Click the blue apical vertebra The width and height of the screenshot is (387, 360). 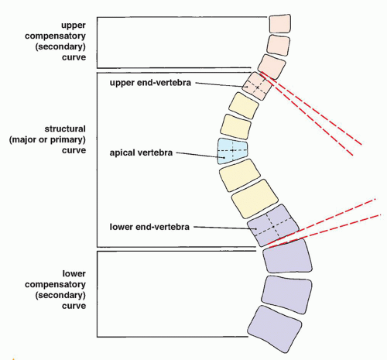pyautogui.click(x=232, y=151)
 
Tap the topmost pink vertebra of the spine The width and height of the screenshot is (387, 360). pyautogui.click(x=280, y=24)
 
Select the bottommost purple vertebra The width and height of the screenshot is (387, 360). pyautogui.click(x=275, y=329)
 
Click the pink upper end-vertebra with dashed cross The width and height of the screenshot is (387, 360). pyautogui.click(x=257, y=86)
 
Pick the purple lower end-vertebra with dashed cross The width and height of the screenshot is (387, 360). pyautogui.click(x=273, y=225)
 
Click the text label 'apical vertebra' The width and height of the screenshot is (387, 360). pyautogui.click(x=141, y=153)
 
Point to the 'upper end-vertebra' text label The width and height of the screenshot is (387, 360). pyautogui.click(x=150, y=83)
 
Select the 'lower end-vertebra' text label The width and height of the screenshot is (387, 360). pyautogui.click(x=149, y=227)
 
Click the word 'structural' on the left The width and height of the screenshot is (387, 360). pyautogui.click(x=65, y=129)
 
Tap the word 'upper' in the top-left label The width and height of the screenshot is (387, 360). pyautogui.click(x=74, y=26)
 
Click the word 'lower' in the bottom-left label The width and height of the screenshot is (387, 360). pyautogui.click(x=74, y=273)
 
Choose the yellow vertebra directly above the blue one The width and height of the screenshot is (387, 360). pyautogui.click(x=235, y=126)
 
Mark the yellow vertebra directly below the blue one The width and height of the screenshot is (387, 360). pyautogui.click(x=239, y=175)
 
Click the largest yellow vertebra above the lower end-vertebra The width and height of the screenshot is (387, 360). pyautogui.click(x=255, y=199)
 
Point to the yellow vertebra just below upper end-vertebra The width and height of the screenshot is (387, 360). pyautogui.click(x=244, y=105)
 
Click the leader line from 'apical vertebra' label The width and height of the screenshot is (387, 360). pyautogui.click(x=197, y=155)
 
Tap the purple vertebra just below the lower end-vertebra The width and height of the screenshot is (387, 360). pyautogui.click(x=287, y=256)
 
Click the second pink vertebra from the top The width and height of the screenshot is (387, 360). pyautogui.click(x=279, y=46)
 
